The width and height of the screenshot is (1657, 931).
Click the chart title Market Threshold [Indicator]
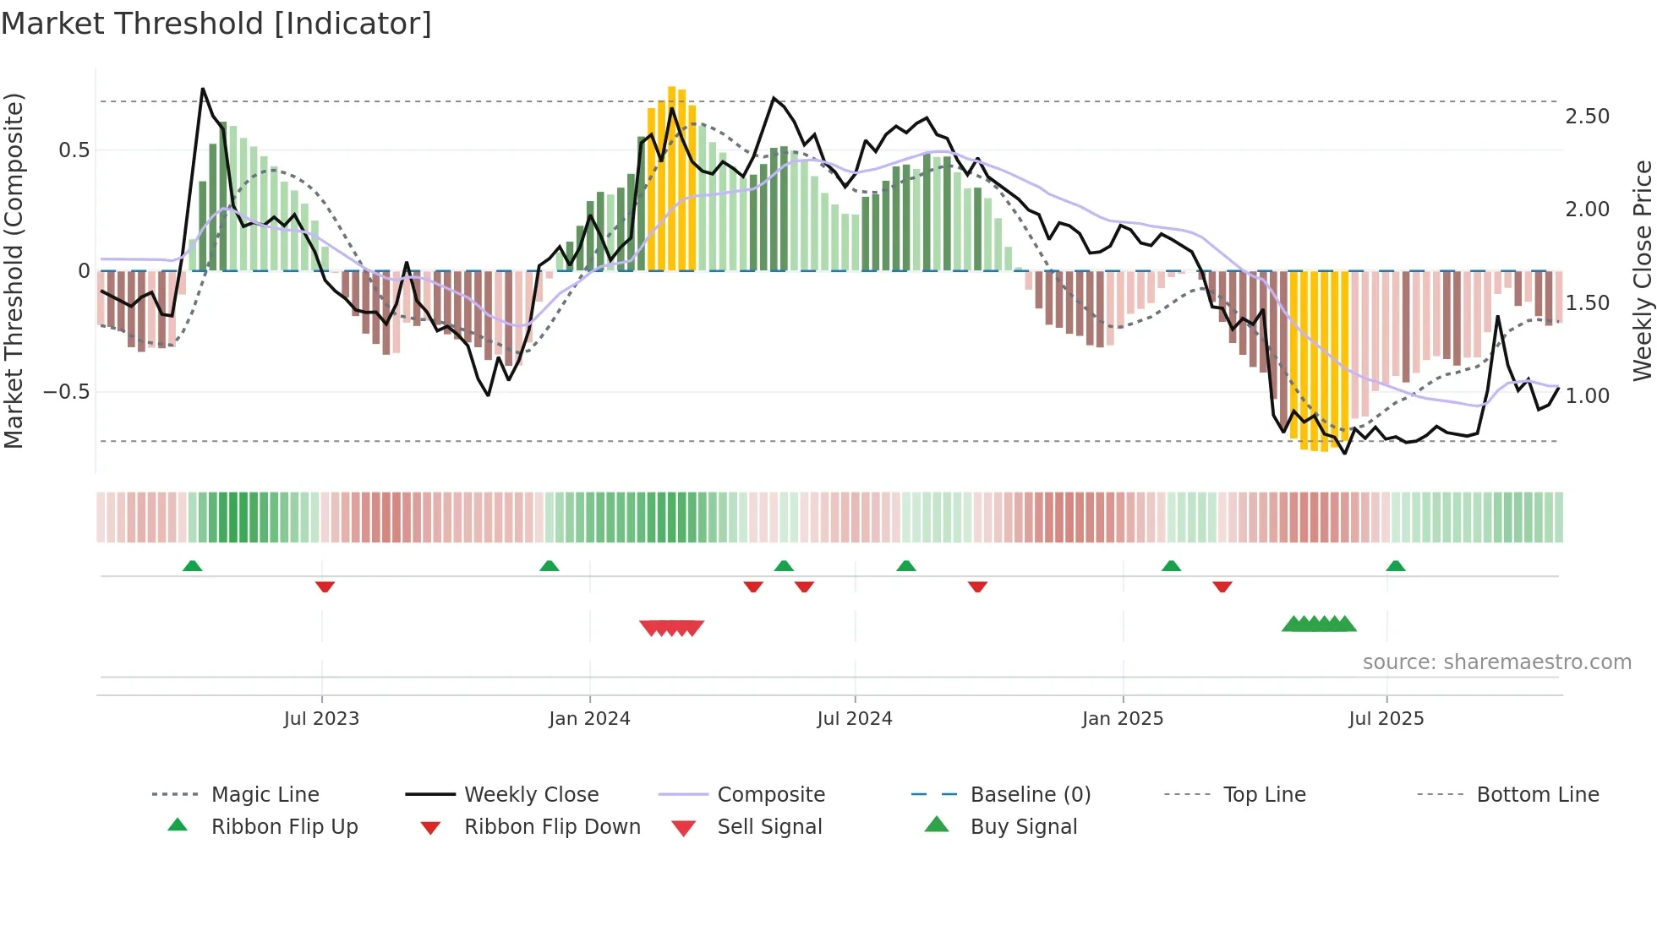click(x=216, y=24)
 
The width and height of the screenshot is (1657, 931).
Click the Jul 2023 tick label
click(x=321, y=719)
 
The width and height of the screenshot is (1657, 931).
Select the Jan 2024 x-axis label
click(x=589, y=719)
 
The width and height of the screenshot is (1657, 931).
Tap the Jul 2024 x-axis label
click(x=855, y=719)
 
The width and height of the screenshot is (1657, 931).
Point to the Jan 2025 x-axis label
click(x=1123, y=719)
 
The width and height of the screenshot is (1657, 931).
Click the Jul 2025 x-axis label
click(x=1386, y=719)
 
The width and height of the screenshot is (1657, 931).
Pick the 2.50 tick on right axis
click(x=1587, y=117)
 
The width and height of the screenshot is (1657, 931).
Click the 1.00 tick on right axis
click(x=1587, y=396)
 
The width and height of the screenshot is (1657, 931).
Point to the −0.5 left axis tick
click(x=66, y=392)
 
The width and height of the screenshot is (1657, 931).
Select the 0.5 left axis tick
click(x=74, y=150)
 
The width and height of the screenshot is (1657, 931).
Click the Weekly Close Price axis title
click(x=1642, y=270)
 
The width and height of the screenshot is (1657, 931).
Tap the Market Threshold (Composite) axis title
click(x=14, y=270)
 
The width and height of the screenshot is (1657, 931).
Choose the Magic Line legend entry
click(x=265, y=795)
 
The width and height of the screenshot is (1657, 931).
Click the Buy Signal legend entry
click(x=1023, y=827)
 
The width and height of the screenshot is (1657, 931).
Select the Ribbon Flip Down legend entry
click(x=552, y=827)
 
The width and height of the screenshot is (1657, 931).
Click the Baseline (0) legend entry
click(x=1030, y=795)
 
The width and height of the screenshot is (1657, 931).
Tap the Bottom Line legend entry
click(x=1537, y=795)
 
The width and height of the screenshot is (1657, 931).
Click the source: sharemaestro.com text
click(x=1496, y=662)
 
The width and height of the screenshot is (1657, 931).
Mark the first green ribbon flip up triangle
click(x=192, y=566)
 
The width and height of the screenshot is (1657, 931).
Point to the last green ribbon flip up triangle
click(x=1396, y=566)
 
